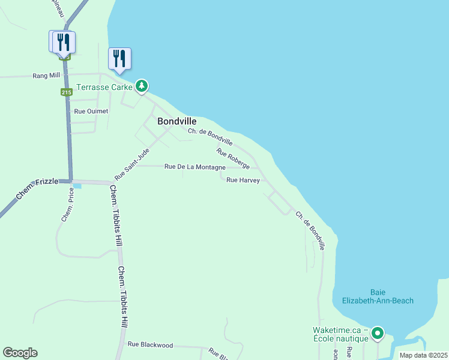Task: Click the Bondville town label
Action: [176, 121]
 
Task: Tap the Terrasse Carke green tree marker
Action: [142, 86]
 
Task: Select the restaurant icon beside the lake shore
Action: [119, 59]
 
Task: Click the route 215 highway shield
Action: [66, 92]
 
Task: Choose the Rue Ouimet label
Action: [87, 111]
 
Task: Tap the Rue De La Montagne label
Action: [194, 166]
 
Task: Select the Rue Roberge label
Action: [233, 158]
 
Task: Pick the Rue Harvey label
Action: [243, 179]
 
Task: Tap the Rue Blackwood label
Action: [150, 345]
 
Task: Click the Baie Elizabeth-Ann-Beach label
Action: [378, 296]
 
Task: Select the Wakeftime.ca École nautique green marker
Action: [377, 332]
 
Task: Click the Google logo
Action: [20, 353]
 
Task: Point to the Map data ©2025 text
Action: [423, 355]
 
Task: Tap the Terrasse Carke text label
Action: [103, 86]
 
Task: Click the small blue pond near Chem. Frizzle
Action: [77, 186]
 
